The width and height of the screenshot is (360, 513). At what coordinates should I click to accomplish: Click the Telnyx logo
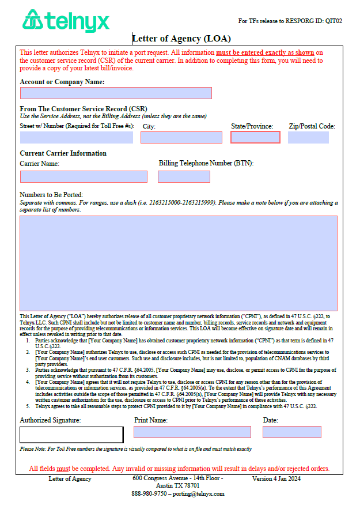[x=65, y=21]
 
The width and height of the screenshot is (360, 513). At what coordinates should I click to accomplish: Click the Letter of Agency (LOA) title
[x=181, y=39]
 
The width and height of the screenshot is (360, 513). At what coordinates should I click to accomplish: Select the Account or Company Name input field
[x=116, y=93]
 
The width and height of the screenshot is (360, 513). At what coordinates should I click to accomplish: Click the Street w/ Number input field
[x=76, y=137]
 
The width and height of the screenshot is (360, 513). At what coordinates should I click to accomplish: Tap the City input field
[x=181, y=137]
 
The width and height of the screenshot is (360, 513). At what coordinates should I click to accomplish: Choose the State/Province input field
[x=255, y=137]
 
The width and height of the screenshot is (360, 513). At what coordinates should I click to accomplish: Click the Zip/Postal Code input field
[x=308, y=137]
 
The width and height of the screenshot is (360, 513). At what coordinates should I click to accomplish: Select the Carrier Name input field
[x=84, y=176]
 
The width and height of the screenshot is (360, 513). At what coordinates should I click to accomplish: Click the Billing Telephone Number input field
[x=184, y=176]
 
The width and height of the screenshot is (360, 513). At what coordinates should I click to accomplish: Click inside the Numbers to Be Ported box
[x=179, y=263]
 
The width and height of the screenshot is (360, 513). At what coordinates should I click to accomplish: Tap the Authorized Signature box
[x=71, y=435]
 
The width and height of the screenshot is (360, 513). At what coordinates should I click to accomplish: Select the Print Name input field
[x=192, y=432]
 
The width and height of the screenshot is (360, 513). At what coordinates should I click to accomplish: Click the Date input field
[x=291, y=432]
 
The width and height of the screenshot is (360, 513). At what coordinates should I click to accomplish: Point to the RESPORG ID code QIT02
[x=334, y=21]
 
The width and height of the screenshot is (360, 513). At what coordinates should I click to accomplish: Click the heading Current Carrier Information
[x=63, y=153]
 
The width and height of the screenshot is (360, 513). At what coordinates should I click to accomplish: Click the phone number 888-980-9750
[x=149, y=494]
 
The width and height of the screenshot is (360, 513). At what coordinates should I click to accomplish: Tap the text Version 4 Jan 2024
[x=276, y=479]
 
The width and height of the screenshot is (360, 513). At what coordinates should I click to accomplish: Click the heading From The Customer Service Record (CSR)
[x=84, y=109]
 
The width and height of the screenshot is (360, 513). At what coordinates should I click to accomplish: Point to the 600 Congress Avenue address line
[x=177, y=478]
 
